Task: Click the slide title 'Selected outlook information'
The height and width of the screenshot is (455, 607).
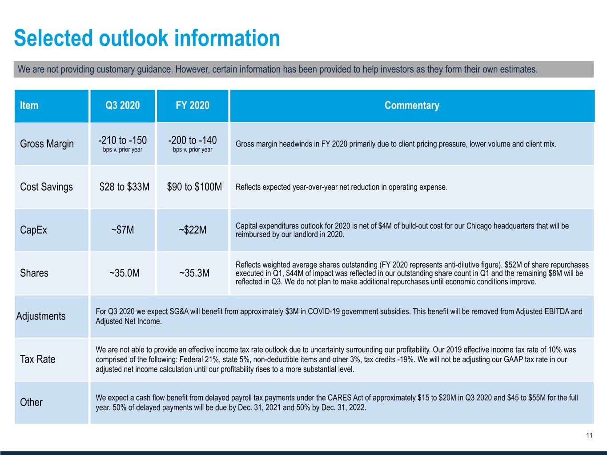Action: (x=147, y=38)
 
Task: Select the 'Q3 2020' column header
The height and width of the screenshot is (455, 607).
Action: (x=122, y=105)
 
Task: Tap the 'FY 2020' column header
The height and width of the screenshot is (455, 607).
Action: (x=193, y=105)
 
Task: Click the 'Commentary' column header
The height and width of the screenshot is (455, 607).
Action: (x=412, y=105)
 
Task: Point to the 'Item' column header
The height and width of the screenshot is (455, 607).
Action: (x=29, y=105)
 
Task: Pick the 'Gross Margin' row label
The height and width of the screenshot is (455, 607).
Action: (x=47, y=144)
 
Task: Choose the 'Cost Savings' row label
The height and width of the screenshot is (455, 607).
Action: (x=46, y=187)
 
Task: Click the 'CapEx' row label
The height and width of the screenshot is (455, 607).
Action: (x=33, y=230)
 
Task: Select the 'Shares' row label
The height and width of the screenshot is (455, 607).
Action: (x=34, y=273)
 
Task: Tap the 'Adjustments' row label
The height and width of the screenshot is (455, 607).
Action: (x=41, y=316)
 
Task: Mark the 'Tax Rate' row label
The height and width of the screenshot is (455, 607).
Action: (x=38, y=359)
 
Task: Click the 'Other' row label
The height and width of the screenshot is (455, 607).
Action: (x=31, y=402)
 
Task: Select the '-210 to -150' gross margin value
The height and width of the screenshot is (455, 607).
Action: (x=122, y=140)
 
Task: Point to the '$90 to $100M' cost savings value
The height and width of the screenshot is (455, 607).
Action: (x=194, y=187)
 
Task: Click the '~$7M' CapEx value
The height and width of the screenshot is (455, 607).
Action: (x=122, y=230)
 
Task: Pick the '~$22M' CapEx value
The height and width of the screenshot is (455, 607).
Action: (x=193, y=230)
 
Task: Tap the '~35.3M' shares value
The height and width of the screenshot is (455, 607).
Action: (x=194, y=273)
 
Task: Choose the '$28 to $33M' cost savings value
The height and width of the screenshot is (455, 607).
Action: (x=125, y=187)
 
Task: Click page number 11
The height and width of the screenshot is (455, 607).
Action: (x=589, y=435)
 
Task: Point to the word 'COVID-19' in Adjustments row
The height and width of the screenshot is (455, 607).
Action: (x=324, y=311)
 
